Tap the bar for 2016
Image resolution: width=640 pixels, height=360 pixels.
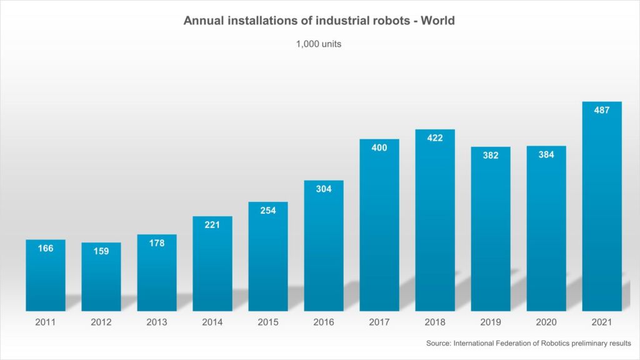pyautogui.click(x=324, y=250)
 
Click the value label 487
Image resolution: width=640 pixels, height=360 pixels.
pyautogui.click(x=602, y=110)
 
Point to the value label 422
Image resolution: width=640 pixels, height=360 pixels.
pyautogui.click(x=435, y=138)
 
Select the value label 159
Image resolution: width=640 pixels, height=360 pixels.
pyautogui.click(x=101, y=251)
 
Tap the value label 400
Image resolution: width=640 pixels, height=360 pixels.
pyautogui.click(x=379, y=147)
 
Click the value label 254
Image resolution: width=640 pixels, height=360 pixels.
pyautogui.click(x=268, y=211)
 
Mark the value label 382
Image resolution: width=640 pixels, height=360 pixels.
pyautogui.click(x=491, y=156)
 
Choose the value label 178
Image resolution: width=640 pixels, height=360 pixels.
pyautogui.click(x=157, y=243)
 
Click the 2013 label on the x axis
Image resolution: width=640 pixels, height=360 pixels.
pyautogui.click(x=157, y=322)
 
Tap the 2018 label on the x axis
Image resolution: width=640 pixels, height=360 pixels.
pyautogui.click(x=435, y=322)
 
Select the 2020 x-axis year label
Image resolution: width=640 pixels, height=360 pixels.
pyautogui.click(x=546, y=322)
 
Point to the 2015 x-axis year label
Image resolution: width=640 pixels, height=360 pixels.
pyautogui.click(x=268, y=322)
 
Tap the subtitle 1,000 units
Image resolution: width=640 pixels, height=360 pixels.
pyautogui.click(x=319, y=44)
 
